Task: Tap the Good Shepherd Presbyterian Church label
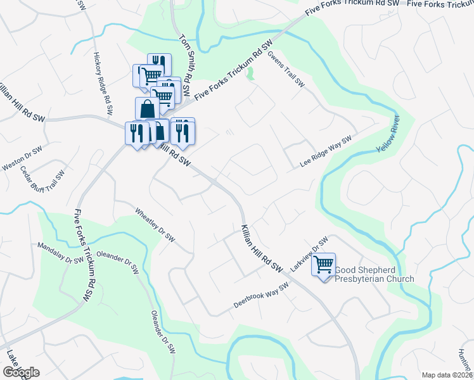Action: point(374,274)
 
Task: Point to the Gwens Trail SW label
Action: point(286,70)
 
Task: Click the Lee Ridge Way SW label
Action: point(326,153)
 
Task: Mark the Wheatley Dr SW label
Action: point(155,224)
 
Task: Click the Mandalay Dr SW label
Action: point(60,253)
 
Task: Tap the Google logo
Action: point(20,372)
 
